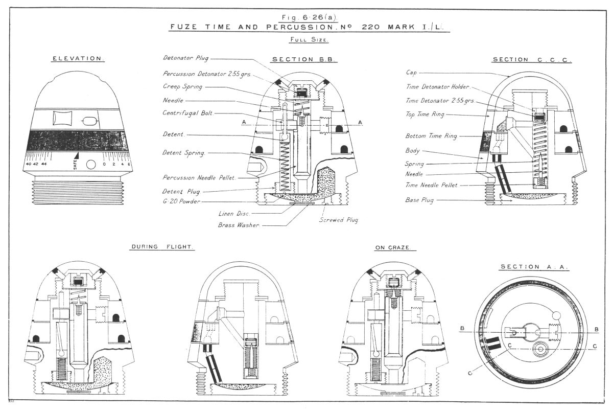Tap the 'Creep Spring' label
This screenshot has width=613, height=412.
[182, 87]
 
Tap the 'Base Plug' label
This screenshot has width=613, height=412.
[419, 200]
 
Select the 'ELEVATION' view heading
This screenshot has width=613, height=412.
[78, 59]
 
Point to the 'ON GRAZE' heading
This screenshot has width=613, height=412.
[395, 247]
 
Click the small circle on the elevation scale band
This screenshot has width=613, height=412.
[90, 165]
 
